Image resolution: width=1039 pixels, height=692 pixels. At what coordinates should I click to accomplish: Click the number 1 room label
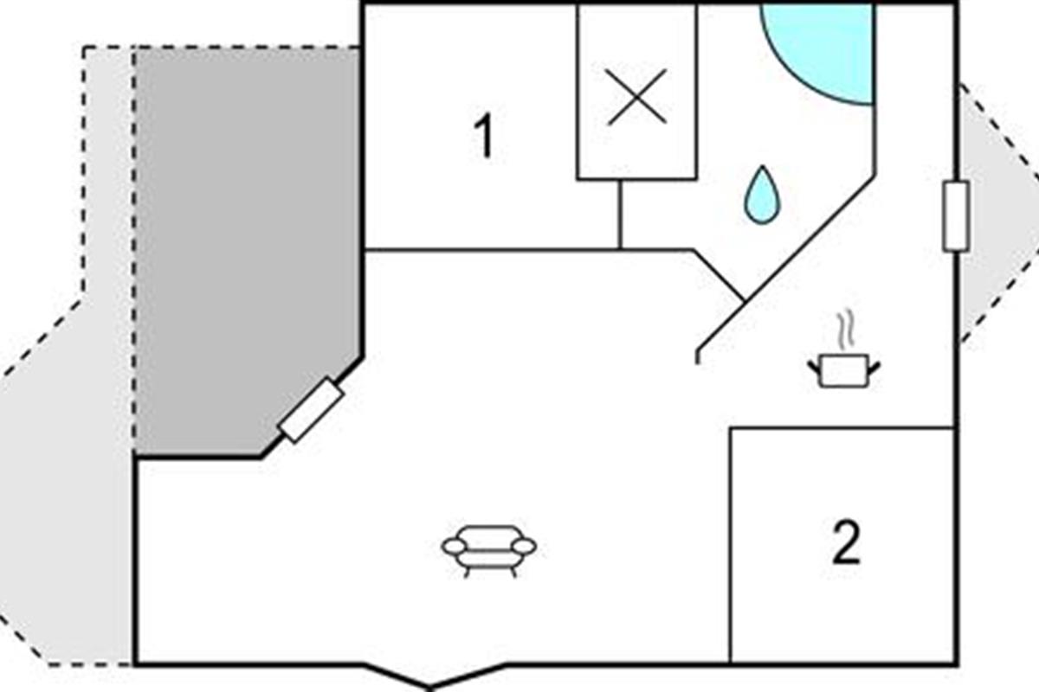tap(484, 136)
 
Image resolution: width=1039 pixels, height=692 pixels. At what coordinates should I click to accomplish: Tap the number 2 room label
tap(846, 541)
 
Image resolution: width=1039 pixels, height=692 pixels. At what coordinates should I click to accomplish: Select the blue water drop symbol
tap(763, 195)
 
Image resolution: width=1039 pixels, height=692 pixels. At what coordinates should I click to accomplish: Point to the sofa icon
tap(489, 552)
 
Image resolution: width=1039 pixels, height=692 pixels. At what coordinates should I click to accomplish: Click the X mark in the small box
tap(637, 97)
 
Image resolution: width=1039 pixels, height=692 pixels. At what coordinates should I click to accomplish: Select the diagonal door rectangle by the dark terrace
tap(312, 410)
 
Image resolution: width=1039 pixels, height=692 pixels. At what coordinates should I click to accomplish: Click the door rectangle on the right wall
tap(956, 216)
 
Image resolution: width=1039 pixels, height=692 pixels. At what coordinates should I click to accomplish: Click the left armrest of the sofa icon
tap(453, 547)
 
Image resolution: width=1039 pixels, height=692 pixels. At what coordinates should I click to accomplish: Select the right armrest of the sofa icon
tap(525, 547)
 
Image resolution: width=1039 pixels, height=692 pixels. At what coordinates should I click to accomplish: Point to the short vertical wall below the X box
tap(620, 215)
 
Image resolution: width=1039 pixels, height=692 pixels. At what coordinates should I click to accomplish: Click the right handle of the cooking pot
tap(874, 369)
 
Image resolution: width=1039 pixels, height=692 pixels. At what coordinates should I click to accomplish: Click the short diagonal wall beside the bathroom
tap(719, 275)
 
